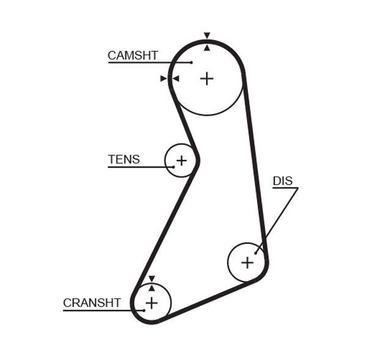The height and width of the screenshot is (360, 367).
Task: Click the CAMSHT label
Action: point(133,55)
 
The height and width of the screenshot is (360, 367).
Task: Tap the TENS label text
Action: point(124,160)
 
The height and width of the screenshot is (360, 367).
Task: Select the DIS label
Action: point(283,181)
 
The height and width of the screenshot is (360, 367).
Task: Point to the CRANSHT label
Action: point(92,303)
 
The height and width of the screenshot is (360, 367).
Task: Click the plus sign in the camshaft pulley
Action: point(207,78)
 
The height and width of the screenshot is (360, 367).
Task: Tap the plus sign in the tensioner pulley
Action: point(181,161)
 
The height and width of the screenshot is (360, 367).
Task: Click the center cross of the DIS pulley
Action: point(247,262)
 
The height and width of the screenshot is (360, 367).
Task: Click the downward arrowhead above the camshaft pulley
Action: point(207,35)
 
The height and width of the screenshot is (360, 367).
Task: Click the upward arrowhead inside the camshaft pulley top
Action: point(207,47)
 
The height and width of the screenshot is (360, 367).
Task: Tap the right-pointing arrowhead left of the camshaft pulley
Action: point(163,78)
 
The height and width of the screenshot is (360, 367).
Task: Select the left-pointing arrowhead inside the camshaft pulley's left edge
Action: point(176,78)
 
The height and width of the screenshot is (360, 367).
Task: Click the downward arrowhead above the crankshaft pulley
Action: point(151,279)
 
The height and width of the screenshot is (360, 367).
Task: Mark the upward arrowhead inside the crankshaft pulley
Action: point(151,288)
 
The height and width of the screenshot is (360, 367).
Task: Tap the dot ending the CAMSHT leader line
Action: point(191,62)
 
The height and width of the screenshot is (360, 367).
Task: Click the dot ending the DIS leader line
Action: point(257,251)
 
